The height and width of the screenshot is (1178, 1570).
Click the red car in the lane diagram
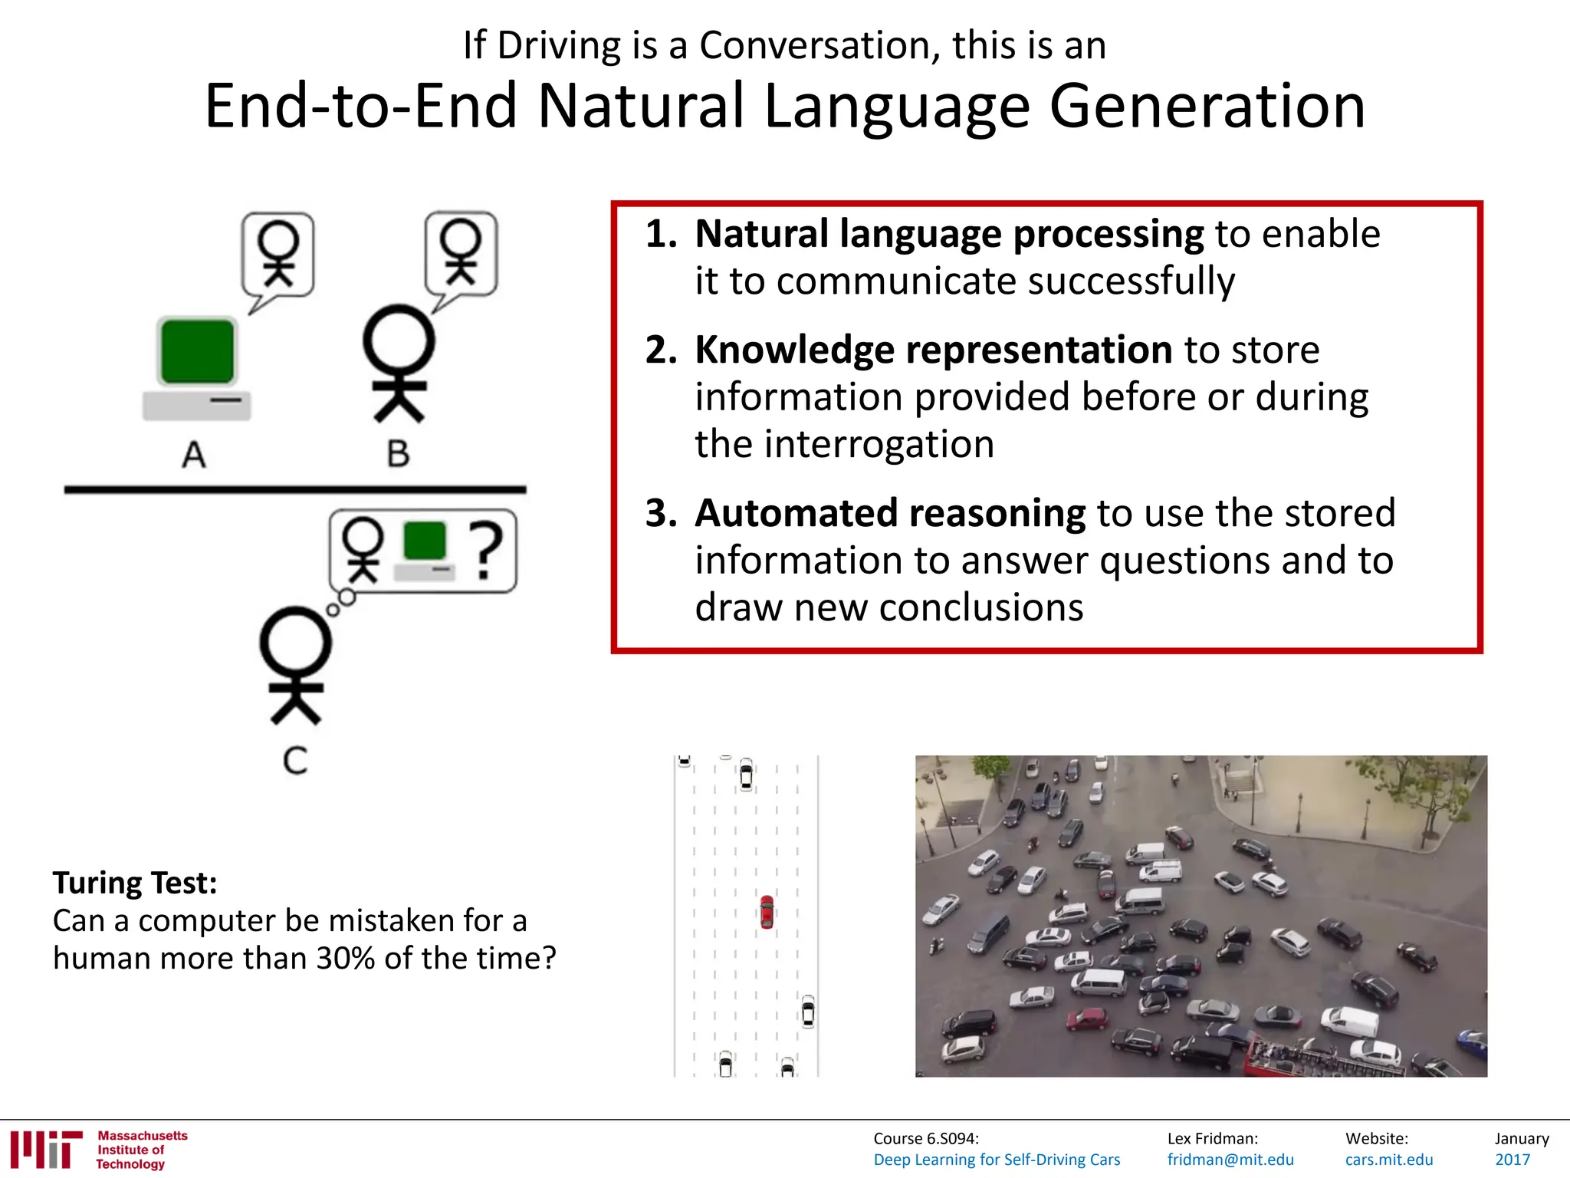point(767,912)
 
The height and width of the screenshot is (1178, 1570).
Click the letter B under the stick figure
point(398,454)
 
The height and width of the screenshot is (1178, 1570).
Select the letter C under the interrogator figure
point(295,761)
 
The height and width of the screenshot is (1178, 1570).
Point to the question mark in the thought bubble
point(486,549)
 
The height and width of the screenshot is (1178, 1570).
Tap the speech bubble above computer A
point(278,255)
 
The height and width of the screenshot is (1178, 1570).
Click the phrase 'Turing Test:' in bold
point(135,883)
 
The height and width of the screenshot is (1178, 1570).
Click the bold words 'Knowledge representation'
point(933,350)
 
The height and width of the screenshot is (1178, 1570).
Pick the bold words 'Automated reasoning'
point(889,513)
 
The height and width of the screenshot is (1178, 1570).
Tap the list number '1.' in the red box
point(661,234)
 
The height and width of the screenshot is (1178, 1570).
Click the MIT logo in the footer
point(46,1149)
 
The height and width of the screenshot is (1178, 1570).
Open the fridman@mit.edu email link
point(1230,1160)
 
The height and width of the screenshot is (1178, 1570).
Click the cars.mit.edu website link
point(1388,1160)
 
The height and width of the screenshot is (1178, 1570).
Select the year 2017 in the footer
point(1512,1160)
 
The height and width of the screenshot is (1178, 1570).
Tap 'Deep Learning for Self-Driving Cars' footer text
point(997,1160)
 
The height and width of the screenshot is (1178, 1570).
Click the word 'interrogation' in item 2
point(844,444)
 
